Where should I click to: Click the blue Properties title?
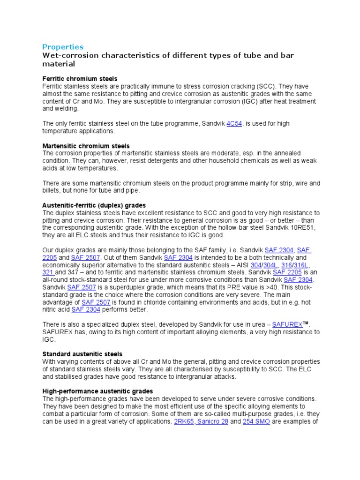pyautogui.click(x=63, y=47)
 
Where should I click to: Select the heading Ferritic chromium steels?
pyautogui.click(x=80, y=79)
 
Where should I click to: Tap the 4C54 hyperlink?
pyautogui.click(x=234, y=124)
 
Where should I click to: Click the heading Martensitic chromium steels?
pyautogui.click(x=86, y=146)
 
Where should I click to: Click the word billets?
pyautogui.click(x=53, y=191)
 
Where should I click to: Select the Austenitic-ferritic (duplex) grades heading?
pyautogui.click(x=94, y=205)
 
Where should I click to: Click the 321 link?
pyautogui.click(x=48, y=272)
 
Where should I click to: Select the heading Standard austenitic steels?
pyautogui.click(x=82, y=354)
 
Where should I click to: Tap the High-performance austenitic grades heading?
pyautogui.click(x=97, y=391)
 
